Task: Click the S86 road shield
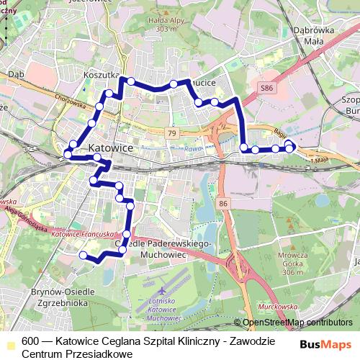click(x=268, y=88)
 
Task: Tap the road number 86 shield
click(x=224, y=204)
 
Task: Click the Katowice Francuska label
click(x=85, y=234)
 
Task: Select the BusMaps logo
click(x=326, y=344)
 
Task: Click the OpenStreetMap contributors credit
click(x=297, y=322)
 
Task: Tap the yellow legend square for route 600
click(x=8, y=342)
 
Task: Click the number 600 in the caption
click(x=31, y=342)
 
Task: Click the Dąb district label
click(x=16, y=73)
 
